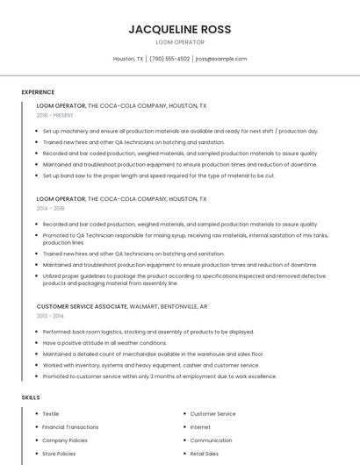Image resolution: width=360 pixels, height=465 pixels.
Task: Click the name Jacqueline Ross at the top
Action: coord(179,29)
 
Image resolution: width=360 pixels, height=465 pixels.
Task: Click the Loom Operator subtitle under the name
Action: coord(179,42)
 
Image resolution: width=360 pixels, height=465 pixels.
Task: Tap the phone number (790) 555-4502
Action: coord(169,59)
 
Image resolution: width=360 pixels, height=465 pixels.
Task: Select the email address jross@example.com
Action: coord(221,59)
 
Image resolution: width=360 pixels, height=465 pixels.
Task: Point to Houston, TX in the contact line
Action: coord(128,59)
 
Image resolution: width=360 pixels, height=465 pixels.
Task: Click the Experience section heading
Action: coord(38,92)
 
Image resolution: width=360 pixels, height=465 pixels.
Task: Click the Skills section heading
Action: coord(31,397)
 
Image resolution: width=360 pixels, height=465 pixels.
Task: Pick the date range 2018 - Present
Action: coord(56,115)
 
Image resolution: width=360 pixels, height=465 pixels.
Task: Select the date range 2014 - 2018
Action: coord(51,209)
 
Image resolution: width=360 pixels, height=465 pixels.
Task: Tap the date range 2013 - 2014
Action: coord(51,316)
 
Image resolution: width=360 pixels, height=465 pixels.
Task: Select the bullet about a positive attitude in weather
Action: coord(104,343)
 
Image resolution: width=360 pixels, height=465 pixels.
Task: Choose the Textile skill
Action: coord(51,413)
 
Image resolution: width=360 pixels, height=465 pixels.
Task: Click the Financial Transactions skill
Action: coord(70,427)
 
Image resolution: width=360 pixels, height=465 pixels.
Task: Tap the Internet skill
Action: coord(200,427)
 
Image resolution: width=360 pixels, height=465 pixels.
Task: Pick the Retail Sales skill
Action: coord(205,454)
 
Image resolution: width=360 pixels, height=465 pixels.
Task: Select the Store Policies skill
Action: coord(59,454)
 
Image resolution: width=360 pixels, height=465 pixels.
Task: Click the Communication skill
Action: coord(211,440)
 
